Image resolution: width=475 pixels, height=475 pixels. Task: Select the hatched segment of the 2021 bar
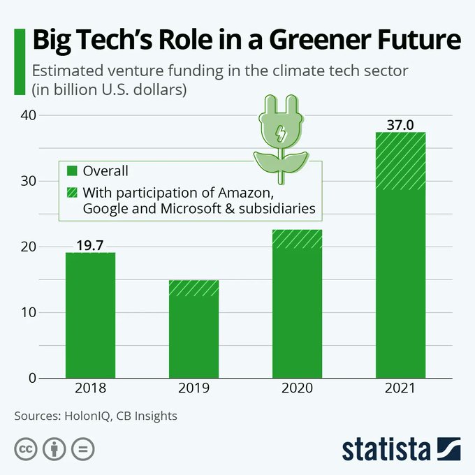(400, 161)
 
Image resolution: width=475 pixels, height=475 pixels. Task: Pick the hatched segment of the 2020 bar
(297, 239)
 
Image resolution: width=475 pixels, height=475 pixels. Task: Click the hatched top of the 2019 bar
(193, 288)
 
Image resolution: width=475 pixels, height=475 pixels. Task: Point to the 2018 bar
(90, 314)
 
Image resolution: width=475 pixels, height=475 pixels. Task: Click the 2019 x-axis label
(193, 388)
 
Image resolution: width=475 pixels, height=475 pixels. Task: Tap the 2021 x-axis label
(400, 388)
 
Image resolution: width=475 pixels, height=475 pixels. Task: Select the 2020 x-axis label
(297, 388)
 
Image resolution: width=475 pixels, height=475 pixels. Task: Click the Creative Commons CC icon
(25, 448)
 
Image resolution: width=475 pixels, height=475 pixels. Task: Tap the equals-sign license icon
(82, 448)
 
